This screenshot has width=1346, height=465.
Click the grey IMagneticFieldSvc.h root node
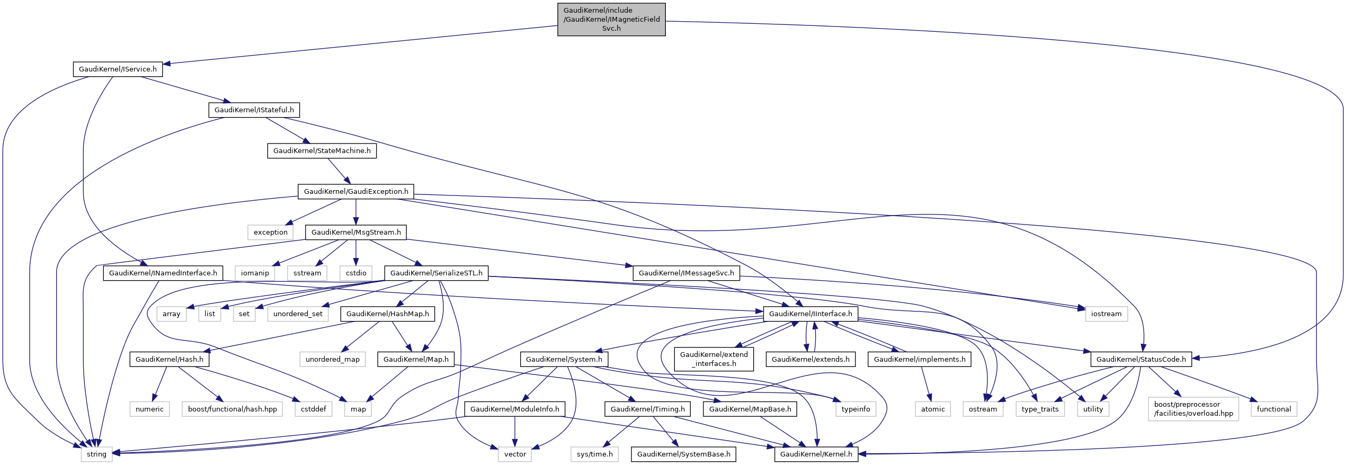pyautogui.click(x=611, y=20)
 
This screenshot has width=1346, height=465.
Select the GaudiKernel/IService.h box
pyautogui.click(x=118, y=69)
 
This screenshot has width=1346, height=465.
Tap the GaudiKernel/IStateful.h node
pyautogui.click(x=254, y=110)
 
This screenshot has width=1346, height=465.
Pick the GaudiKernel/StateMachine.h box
pyautogui.click(x=322, y=151)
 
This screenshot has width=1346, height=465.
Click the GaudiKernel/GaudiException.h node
pyautogui.click(x=356, y=192)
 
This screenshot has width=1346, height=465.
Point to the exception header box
pyautogui.click(x=270, y=232)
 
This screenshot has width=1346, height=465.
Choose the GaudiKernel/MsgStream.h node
pyautogui.click(x=356, y=232)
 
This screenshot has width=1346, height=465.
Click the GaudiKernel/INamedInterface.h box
pyautogui.click(x=163, y=273)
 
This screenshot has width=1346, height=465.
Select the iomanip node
pyautogui.click(x=255, y=273)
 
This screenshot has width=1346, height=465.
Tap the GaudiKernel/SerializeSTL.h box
pyautogui.click(x=436, y=273)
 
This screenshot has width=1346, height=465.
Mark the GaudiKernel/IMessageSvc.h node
pyautogui.click(x=686, y=273)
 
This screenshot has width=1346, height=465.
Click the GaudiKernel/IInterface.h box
pyautogui.click(x=810, y=314)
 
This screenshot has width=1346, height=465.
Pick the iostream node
pyautogui.click(x=1106, y=314)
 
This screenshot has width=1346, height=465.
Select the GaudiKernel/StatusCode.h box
pyautogui.click(x=1141, y=360)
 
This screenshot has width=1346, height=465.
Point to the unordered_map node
pyautogui.click(x=332, y=360)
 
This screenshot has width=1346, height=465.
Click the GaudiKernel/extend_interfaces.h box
pyautogui.click(x=714, y=360)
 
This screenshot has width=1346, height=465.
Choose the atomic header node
pyautogui.click(x=932, y=409)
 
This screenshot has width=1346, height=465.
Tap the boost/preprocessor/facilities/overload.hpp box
pyautogui.click(x=1193, y=409)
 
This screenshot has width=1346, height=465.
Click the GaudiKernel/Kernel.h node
pyautogui.click(x=816, y=454)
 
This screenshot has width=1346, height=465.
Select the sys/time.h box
pyautogui.click(x=594, y=454)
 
